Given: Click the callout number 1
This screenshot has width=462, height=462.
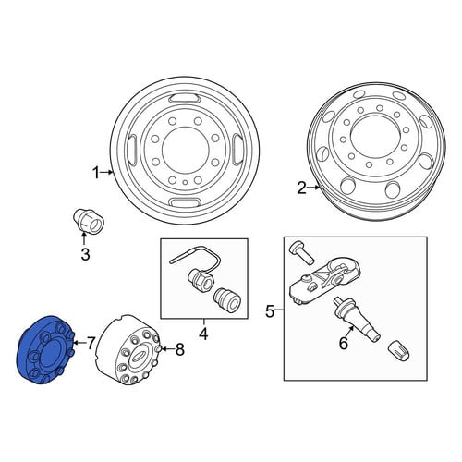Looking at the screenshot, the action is [96, 173].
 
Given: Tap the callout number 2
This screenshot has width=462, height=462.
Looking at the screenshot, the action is [302, 188].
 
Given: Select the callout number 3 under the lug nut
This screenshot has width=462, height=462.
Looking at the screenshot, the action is [85, 254].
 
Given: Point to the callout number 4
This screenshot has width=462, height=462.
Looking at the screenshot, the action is [203, 334].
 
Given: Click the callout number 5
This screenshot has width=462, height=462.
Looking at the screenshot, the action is [270, 311].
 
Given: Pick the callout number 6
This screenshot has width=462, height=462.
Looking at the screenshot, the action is [344, 343].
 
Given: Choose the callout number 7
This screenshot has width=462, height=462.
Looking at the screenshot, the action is [91, 343].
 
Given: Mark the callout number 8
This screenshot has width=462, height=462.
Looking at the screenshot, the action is [179, 349].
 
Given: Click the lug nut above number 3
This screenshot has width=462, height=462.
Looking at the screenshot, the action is [88, 220].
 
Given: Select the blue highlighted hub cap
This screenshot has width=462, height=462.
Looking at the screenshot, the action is [45, 350].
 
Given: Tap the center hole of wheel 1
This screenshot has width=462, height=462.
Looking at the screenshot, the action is [185, 151].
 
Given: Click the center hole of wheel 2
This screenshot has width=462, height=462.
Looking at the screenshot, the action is [373, 135].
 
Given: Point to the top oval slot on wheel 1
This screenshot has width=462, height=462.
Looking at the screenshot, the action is [185, 98].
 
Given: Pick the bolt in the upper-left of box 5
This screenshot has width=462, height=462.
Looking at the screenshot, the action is [302, 252].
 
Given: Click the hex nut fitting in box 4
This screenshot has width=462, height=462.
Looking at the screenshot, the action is [200, 278].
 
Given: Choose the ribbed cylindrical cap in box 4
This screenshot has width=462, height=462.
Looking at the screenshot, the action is [227, 299].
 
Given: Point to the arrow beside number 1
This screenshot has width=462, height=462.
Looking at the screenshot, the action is [107, 173].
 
